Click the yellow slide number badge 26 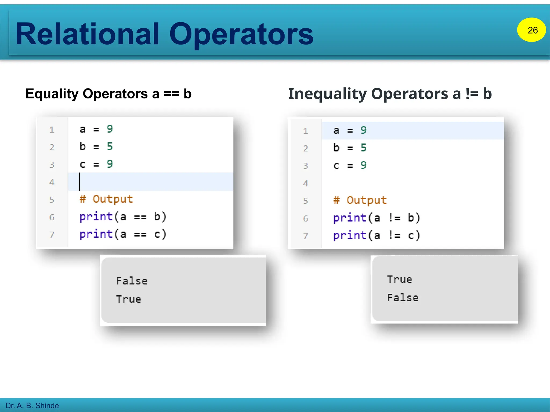[x=531, y=30]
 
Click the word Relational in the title [x=88, y=34]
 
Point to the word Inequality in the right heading [x=327, y=94]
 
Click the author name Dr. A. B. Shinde [x=32, y=405]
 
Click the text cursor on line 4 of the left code [x=79, y=182]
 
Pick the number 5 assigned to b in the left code [x=110, y=146]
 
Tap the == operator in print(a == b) [x=140, y=217]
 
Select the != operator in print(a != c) [x=394, y=236]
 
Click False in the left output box [x=132, y=281]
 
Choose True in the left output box [x=129, y=299]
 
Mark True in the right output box [x=399, y=279]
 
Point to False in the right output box [x=403, y=297]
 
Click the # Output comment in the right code [x=360, y=200]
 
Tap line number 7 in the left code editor [x=52, y=235]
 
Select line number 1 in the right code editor [x=305, y=131]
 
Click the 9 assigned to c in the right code [x=363, y=165]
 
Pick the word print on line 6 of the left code [x=96, y=217]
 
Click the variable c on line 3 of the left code [x=82, y=164]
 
